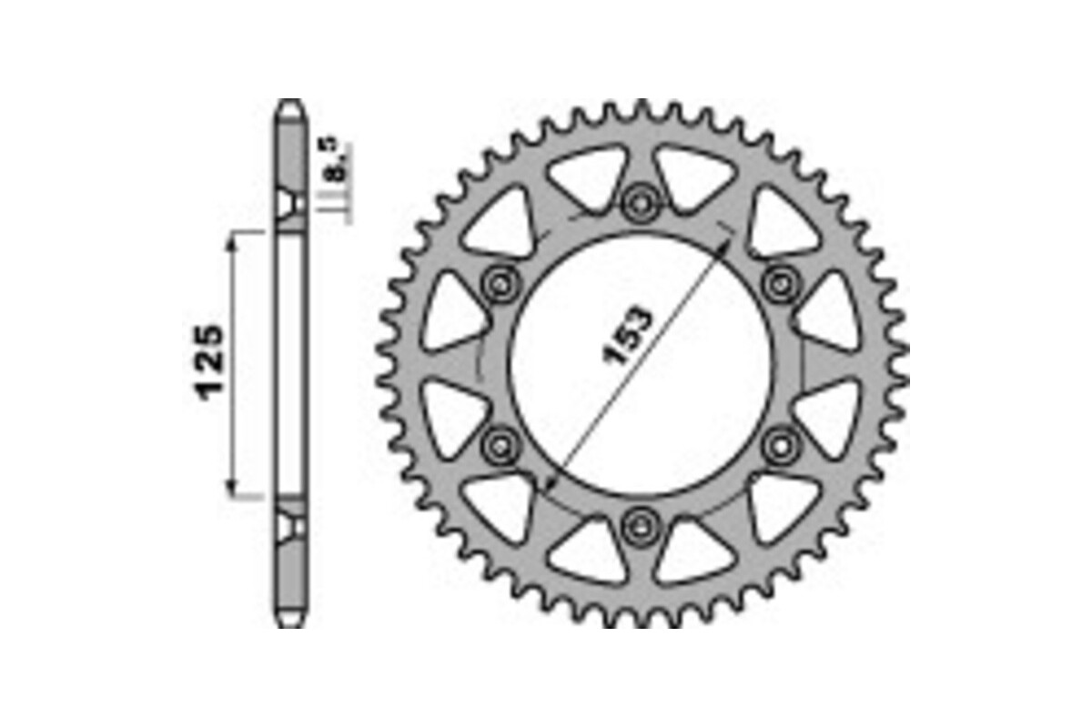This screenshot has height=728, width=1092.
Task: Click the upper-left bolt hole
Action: (x=500, y=284)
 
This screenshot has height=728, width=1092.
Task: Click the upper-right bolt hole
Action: (x=780, y=284)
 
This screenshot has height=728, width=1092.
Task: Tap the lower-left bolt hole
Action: (x=500, y=444)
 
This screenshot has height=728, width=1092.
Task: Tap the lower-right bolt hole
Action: (x=780, y=444)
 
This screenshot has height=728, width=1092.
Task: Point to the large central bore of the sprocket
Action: (x=641, y=364)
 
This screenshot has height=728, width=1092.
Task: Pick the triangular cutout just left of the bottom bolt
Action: (x=590, y=548)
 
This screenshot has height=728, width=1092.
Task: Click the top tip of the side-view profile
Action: (x=289, y=102)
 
